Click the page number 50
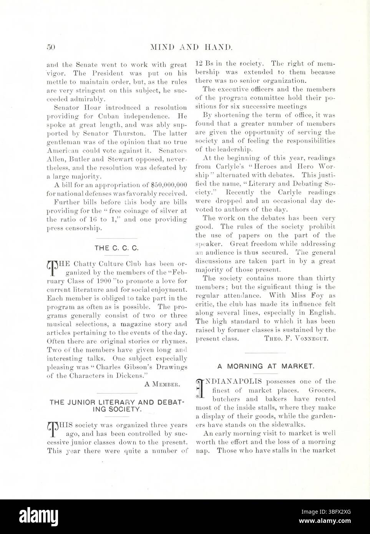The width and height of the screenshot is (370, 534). [51, 48]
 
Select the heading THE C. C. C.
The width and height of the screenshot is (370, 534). [116, 248]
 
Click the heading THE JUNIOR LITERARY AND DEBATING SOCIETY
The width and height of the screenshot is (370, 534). [117, 406]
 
